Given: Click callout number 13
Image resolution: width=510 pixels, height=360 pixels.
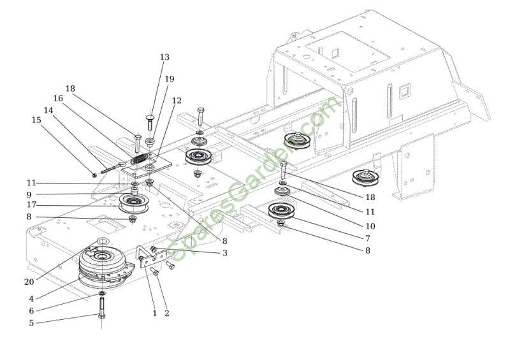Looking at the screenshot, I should pyautogui.click(x=164, y=57).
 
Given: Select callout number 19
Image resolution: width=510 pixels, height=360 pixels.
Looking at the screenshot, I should pyautogui.click(x=169, y=79).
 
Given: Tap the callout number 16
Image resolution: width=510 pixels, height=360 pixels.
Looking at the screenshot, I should pyautogui.click(x=58, y=99).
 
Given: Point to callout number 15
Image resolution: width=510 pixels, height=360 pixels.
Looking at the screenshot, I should pyautogui.click(x=36, y=119).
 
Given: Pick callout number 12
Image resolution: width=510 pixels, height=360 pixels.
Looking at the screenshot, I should pyautogui.click(x=177, y=101).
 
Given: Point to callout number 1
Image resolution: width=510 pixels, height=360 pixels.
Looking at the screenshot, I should pyautogui.click(x=154, y=313).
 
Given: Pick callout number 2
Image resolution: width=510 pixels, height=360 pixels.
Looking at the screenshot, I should pyautogui.click(x=167, y=313).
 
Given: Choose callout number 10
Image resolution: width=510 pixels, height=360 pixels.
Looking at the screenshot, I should pyautogui.click(x=370, y=226).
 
